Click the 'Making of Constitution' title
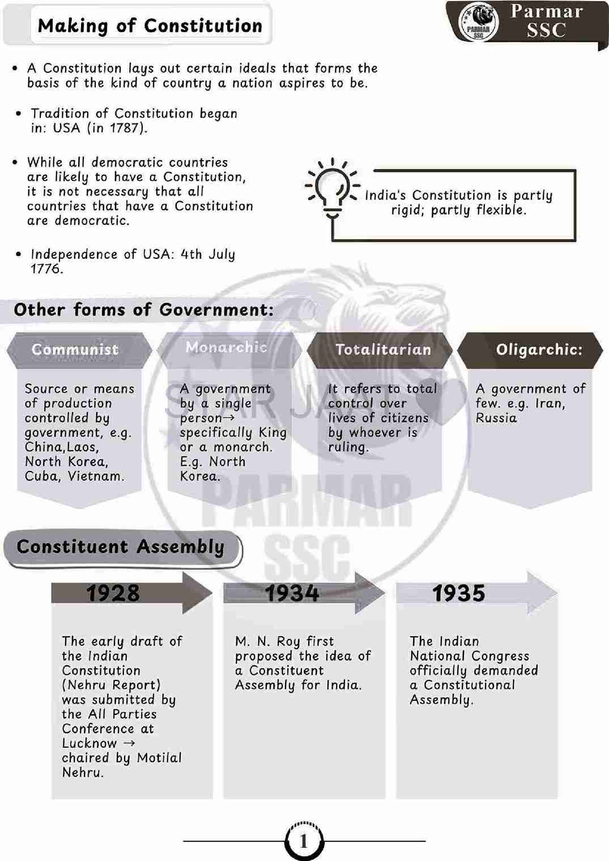point(150,25)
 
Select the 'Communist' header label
point(75,349)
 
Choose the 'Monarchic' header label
point(226,347)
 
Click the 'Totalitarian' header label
point(383,349)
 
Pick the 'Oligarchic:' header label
point(539,349)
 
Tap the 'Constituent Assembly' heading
point(121,547)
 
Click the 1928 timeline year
point(113,593)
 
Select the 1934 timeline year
point(292,593)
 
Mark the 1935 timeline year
point(458,593)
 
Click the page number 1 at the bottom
point(304,841)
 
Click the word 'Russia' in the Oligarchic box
point(496,418)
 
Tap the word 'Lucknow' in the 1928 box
point(90,743)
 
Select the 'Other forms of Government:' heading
point(144,310)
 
